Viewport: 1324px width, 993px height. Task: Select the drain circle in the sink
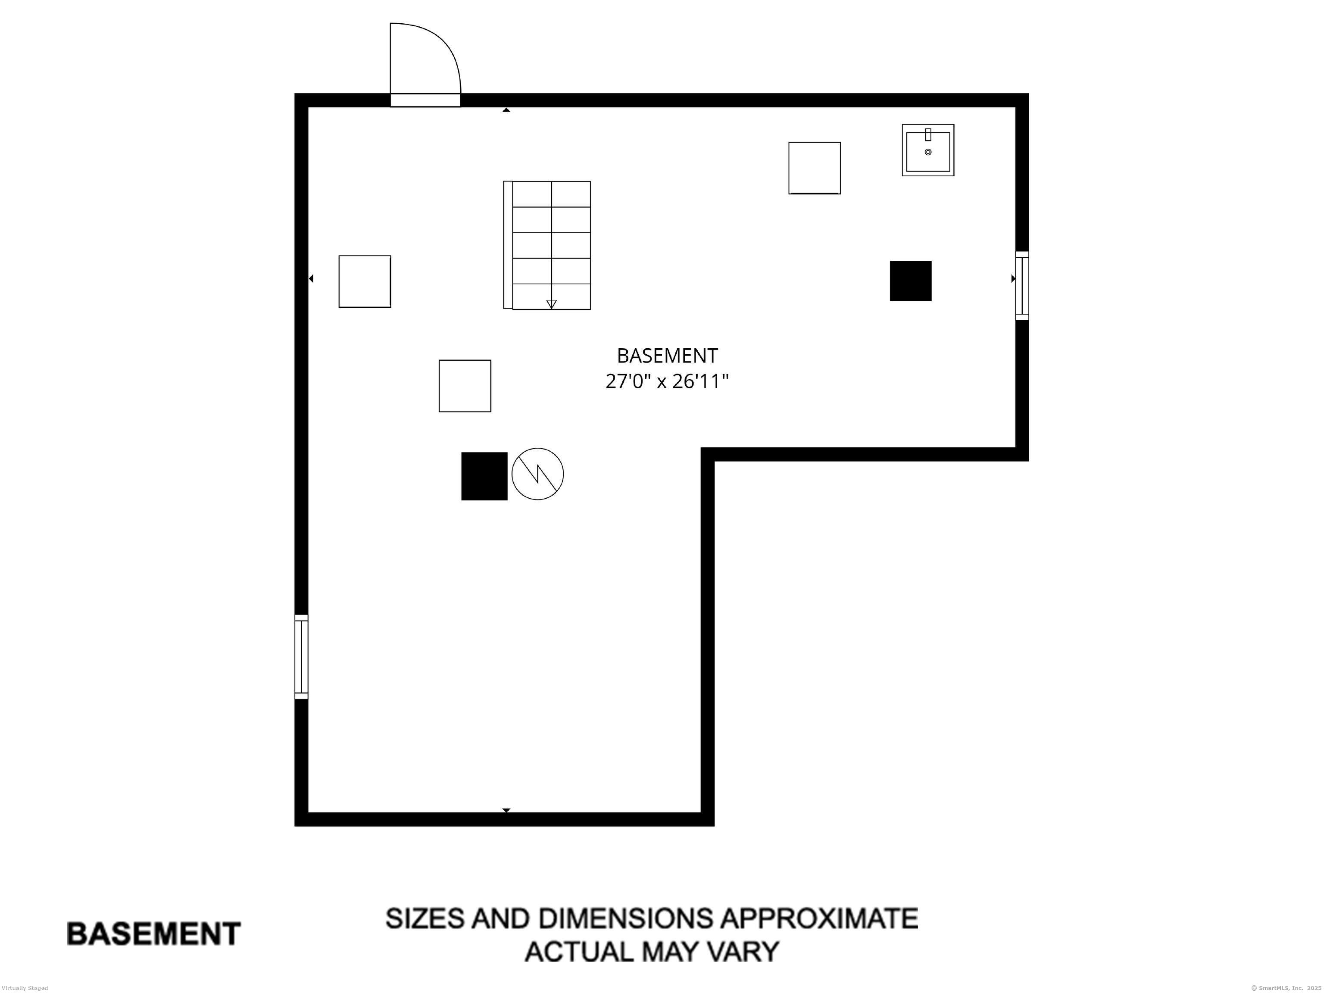click(x=928, y=152)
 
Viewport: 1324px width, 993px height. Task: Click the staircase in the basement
click(x=547, y=245)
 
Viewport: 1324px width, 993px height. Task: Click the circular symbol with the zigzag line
click(x=537, y=474)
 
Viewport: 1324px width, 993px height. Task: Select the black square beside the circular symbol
click(x=484, y=476)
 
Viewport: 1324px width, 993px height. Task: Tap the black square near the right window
click(x=910, y=281)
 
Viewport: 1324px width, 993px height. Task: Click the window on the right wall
click(x=1022, y=285)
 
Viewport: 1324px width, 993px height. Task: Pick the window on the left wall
click(x=301, y=657)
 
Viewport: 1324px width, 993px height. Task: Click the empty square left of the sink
click(x=814, y=168)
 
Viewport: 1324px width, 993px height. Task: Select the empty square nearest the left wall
click(x=365, y=281)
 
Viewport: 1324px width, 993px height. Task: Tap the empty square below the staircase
click(x=465, y=386)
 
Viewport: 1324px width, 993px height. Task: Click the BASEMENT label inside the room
click(x=667, y=356)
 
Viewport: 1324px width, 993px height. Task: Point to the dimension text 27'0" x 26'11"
click(x=667, y=381)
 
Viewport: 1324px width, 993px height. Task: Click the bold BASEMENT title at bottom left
click(x=153, y=934)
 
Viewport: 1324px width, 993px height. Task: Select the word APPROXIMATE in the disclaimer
click(x=819, y=918)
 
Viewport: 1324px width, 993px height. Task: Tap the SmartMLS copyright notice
click(x=1286, y=988)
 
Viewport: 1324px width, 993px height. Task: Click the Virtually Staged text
click(x=25, y=988)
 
